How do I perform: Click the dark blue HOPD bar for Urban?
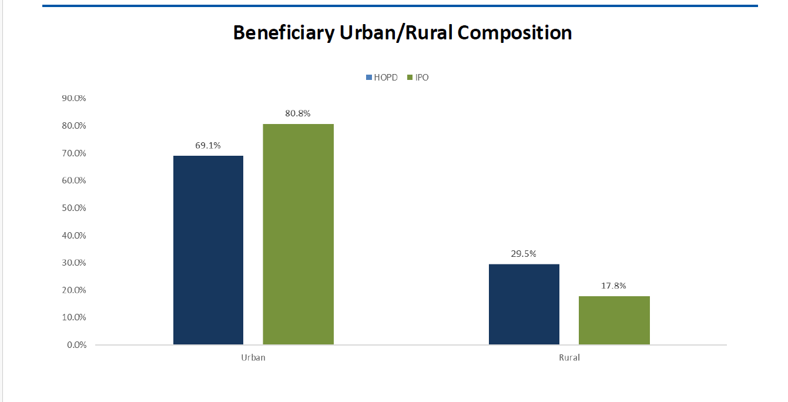coord(208,250)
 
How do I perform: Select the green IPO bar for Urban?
coord(298,234)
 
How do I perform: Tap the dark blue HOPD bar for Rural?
coord(524,304)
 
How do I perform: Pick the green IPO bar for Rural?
coord(614,320)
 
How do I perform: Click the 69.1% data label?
coord(208,145)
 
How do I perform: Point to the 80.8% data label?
coord(298,113)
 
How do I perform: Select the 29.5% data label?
coord(524,254)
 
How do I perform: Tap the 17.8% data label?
coord(614,286)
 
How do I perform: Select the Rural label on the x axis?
coord(569,357)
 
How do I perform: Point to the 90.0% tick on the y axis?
coord(74,98)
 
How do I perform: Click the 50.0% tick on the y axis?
coord(74,208)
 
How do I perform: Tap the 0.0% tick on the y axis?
coord(76,345)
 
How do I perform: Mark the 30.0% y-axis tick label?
coord(74,263)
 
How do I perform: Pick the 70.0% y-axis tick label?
coord(74,153)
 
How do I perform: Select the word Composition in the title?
coord(515,33)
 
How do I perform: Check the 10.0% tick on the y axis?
coord(74,317)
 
